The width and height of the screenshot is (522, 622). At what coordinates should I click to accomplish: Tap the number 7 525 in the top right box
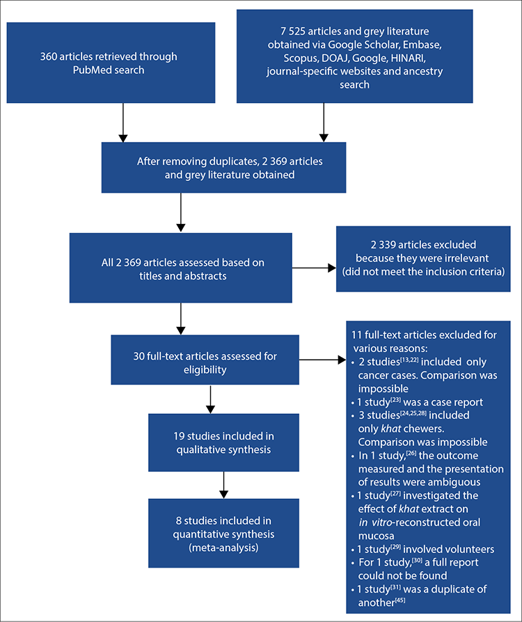click(292, 31)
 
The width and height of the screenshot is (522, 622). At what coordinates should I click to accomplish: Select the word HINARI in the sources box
click(409, 58)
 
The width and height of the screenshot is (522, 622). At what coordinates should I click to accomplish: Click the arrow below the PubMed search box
click(123, 122)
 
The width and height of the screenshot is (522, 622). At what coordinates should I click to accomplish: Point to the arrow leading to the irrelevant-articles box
click(314, 268)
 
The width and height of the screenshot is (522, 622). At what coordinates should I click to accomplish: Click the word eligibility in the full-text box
click(205, 370)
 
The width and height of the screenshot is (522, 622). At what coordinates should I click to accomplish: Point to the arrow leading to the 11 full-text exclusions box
click(322, 360)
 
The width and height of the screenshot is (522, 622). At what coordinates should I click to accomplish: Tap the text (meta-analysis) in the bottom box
click(223, 548)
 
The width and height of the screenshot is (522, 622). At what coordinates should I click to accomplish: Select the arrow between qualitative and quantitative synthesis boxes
click(224, 485)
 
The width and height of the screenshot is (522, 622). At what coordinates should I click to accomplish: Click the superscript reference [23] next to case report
click(396, 400)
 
